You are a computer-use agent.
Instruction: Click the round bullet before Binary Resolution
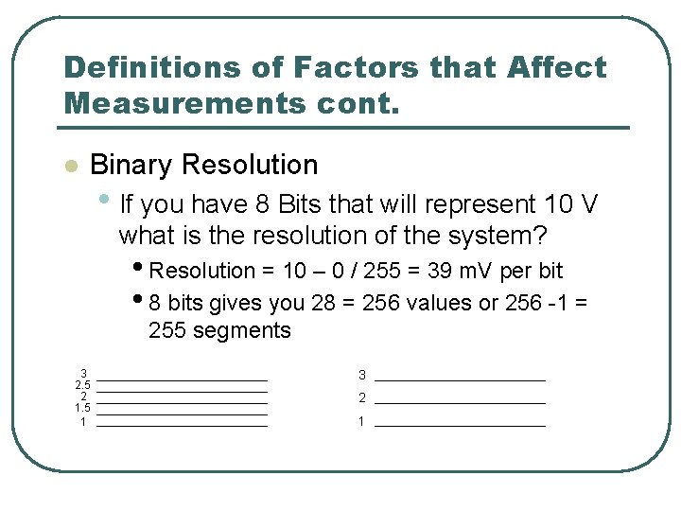69,167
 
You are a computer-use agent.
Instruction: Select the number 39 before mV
438,271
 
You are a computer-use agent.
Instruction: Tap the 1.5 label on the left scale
82,408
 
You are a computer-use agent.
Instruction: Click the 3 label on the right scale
361,375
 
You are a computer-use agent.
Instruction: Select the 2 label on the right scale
361,398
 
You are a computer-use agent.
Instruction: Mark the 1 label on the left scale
83,421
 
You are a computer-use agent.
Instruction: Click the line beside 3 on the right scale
460,380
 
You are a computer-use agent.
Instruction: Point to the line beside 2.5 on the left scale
182,391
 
